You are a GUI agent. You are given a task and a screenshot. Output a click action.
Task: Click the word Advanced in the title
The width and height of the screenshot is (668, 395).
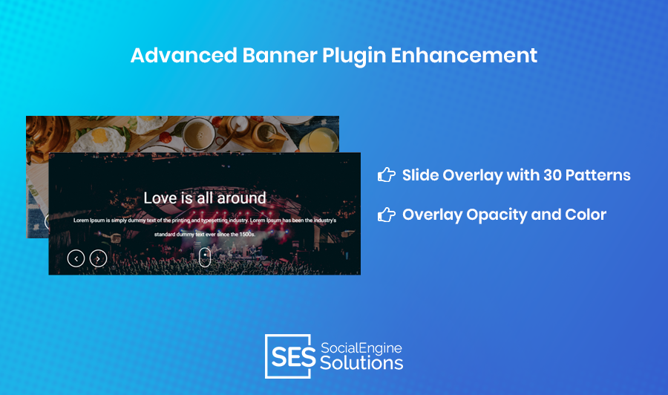tap(183, 56)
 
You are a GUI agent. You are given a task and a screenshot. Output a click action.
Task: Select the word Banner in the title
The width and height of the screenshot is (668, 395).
tap(280, 56)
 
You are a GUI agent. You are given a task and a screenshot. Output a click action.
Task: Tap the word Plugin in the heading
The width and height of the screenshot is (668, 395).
tap(354, 56)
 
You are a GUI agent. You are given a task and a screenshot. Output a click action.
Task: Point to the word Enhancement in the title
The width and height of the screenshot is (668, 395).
tap(464, 56)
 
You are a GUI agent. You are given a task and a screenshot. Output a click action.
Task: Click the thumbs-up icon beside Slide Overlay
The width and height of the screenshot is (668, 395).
tap(387, 174)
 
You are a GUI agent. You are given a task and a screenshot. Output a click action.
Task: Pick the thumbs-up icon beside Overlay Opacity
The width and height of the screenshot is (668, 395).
tap(387, 215)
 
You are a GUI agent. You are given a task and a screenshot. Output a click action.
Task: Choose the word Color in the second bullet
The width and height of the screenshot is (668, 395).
tap(586, 215)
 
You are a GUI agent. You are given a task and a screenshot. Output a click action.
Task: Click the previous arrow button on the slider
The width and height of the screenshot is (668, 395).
tap(76, 258)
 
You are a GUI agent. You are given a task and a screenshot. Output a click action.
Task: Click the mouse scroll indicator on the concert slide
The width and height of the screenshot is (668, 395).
tap(205, 257)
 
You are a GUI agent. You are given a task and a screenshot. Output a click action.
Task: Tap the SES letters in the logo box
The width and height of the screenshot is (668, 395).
tap(293, 356)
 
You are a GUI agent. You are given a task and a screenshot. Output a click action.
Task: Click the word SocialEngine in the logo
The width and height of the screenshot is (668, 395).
tap(361, 348)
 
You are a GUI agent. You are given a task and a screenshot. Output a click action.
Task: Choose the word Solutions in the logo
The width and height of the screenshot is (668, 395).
tap(361, 363)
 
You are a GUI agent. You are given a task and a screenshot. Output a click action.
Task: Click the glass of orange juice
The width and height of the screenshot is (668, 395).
tap(316, 140)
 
